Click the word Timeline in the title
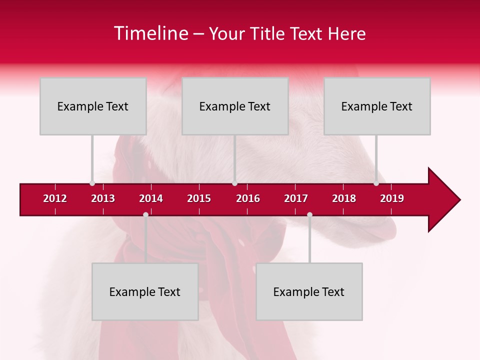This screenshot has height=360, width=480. click(150, 33)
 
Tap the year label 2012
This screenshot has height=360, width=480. click(55, 198)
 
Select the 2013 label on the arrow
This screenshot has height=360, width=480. click(103, 198)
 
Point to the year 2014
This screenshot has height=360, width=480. click(151, 198)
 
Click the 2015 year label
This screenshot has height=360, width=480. click(199, 198)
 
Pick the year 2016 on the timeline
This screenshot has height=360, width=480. click(248, 198)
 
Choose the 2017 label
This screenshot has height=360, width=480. click(296, 198)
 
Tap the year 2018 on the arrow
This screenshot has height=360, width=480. click(344, 198)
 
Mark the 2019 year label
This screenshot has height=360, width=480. click(392, 198)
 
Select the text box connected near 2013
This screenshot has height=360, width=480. click(93, 106)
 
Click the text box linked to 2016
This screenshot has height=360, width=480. click(235, 106)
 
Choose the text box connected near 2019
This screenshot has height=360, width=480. click(377, 106)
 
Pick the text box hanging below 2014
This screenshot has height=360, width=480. click(145, 291)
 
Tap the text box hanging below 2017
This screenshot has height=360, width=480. click(309, 291)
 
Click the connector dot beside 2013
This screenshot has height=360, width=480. click(92, 183)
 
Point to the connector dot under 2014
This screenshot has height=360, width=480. click(145, 214)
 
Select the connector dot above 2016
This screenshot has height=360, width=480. click(234, 183)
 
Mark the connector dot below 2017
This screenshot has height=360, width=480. click(309, 214)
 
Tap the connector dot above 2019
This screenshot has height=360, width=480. click(376, 183)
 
